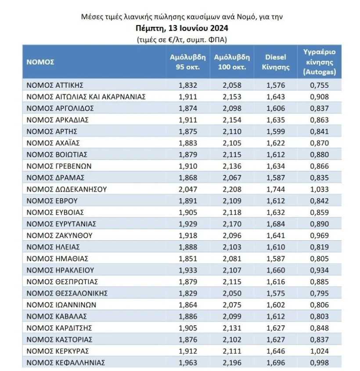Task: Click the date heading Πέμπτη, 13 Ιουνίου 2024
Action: click(182, 28)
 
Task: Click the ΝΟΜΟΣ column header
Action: click(40, 62)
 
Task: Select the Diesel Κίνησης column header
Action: click(276, 62)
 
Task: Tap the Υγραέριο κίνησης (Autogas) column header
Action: click(319, 62)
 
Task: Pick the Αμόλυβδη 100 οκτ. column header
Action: click(232, 62)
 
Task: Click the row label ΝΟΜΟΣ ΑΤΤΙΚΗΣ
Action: click(55, 85)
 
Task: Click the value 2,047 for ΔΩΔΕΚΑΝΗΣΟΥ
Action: click(188, 189)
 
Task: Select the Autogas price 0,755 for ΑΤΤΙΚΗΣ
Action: click(319, 85)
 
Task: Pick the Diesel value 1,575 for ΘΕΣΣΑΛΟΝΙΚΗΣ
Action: click(276, 293)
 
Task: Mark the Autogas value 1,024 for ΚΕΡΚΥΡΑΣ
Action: click(319, 351)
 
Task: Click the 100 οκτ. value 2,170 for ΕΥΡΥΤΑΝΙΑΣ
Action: click(232, 224)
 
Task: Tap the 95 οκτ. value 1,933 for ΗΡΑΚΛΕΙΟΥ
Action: click(188, 270)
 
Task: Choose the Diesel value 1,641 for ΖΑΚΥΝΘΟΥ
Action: click(276, 235)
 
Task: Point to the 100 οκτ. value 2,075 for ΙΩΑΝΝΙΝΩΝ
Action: click(232, 305)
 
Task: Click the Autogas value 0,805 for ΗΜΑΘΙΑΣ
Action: click(319, 259)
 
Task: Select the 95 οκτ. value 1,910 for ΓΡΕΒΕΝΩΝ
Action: click(188, 166)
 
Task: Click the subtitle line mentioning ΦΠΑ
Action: click(182, 39)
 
